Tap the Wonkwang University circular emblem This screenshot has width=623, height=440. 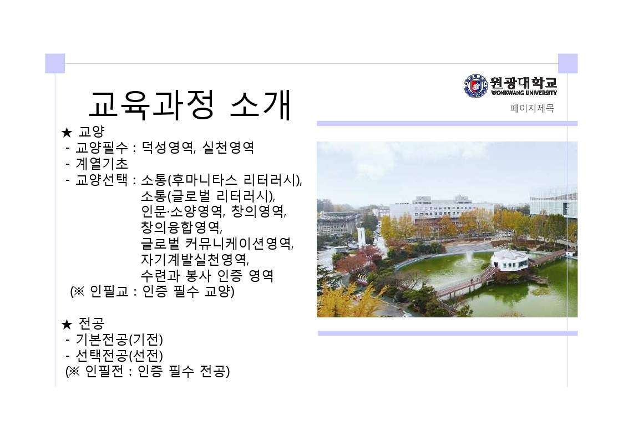[475, 85]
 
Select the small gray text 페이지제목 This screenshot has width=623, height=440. [532, 108]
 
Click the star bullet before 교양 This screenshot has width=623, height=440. [67, 133]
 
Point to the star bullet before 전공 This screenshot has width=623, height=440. [67, 325]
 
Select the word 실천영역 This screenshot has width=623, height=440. [228, 148]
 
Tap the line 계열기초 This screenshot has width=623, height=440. [102, 164]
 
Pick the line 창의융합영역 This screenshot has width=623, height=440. [181, 227]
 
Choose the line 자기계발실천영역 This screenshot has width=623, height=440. [195, 260]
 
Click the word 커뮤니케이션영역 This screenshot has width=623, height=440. [240, 243]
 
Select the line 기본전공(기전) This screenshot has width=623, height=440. [119, 340]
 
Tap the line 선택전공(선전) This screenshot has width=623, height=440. [119, 356]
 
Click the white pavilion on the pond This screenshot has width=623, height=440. [509, 261]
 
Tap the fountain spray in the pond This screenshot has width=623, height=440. [469, 259]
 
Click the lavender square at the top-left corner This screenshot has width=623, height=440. [55, 64]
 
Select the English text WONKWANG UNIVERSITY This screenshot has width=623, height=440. [524, 93]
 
